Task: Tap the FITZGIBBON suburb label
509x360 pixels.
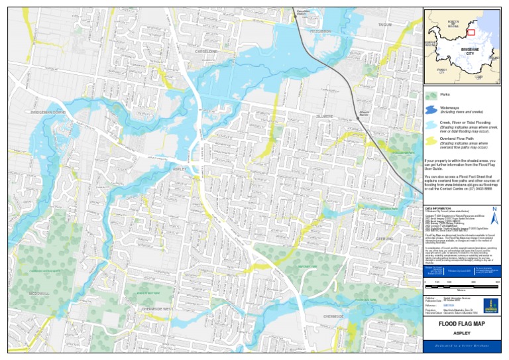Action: [321, 31]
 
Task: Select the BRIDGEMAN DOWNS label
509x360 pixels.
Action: [48, 113]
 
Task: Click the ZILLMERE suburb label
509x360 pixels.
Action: [324, 116]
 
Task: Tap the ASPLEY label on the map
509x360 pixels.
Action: [179, 169]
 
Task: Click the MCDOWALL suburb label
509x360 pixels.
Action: [39, 292]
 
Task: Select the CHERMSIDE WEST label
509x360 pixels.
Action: [158, 309]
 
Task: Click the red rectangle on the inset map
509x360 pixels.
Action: [471, 32]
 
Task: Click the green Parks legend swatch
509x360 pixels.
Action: [430, 95]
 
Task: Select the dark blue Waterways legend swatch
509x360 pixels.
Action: [430, 109]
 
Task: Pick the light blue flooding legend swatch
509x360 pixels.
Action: [430, 125]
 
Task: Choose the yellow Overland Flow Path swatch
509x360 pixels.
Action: [430, 141]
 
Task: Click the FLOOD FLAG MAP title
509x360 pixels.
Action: [461, 324]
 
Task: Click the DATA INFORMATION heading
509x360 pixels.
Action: [437, 208]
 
